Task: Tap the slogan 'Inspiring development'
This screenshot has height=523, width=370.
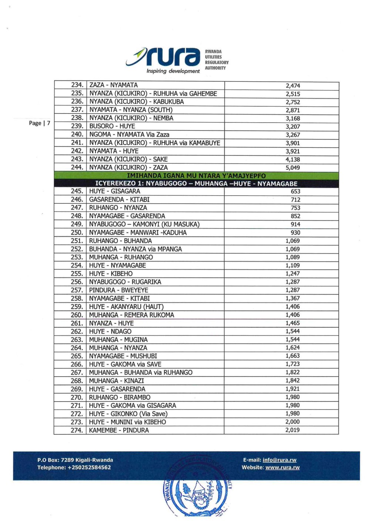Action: coord(173,71)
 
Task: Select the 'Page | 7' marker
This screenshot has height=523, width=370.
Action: coord(39,123)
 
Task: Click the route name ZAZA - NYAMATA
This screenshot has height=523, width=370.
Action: coord(113,85)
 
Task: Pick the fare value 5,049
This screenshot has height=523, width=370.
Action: coord(292,168)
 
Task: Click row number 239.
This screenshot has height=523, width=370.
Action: coord(77,126)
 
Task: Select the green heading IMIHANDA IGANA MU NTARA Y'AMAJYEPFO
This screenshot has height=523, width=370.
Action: coord(196,176)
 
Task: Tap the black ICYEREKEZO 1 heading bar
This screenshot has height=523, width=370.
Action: coord(196,183)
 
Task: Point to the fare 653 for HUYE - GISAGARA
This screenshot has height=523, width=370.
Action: coord(295,192)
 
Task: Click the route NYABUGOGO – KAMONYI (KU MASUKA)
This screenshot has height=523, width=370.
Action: coord(144,224)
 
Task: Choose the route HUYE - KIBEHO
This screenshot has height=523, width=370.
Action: coord(111,274)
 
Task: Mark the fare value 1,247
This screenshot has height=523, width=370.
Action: coord(292,274)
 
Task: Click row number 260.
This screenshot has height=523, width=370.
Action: coord(77,315)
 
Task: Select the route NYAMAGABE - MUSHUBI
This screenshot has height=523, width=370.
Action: coord(123,356)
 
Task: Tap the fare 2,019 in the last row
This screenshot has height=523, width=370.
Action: coord(292,430)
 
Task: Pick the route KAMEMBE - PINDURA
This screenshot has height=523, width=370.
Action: coord(119,431)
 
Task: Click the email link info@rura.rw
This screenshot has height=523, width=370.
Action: coord(279,460)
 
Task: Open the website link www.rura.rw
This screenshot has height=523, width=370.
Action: coord(282,468)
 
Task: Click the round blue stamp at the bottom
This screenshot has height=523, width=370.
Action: coord(196,494)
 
